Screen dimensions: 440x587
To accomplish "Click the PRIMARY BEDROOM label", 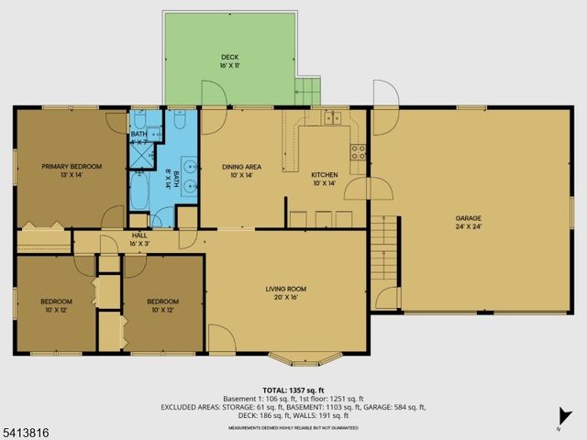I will (71, 166).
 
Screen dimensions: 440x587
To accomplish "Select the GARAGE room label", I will (468, 218).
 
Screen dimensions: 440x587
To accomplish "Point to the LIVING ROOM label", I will (285, 289).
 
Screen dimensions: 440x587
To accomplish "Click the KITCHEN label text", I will (325, 175).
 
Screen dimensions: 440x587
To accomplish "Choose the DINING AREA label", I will (241, 167).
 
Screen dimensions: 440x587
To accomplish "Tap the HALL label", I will (139, 236).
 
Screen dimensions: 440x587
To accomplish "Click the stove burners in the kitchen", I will (359, 151).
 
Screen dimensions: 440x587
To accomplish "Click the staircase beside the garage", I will (384, 250).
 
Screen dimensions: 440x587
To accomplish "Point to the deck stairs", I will (308, 89).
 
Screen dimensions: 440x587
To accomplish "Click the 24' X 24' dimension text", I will (468, 226).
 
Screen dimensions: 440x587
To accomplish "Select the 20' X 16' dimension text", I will (285, 297).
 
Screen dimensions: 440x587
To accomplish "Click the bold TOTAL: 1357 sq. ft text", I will (293, 389).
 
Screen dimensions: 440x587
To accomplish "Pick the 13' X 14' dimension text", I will (71, 174).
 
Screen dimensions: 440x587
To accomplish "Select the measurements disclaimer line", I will (293, 427).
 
